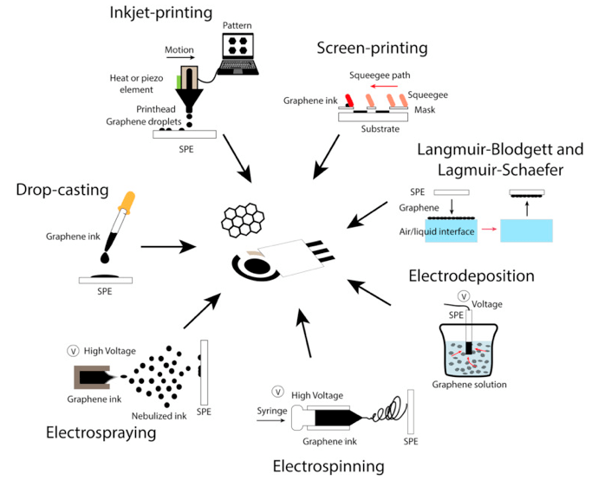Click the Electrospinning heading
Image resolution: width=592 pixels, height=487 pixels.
pyautogui.click(x=328, y=466)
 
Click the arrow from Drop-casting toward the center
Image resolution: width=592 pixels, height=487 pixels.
pyautogui.click(x=167, y=247)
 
